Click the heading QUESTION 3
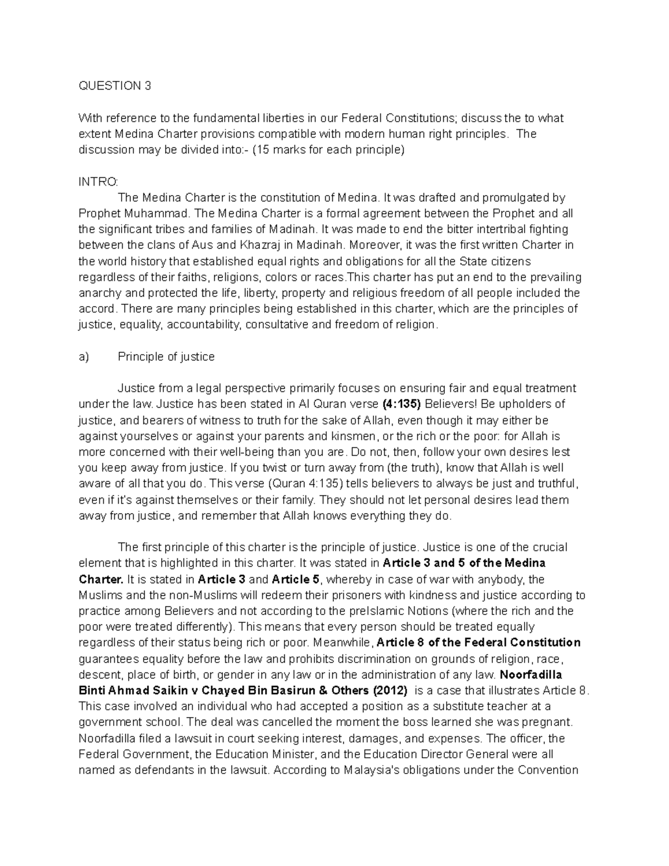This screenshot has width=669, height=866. [x=114, y=86]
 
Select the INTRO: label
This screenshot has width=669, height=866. [x=98, y=182]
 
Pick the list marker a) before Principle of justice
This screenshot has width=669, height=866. [x=84, y=357]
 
